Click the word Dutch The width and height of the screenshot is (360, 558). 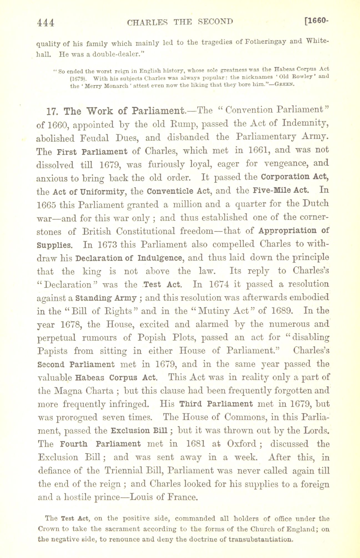click(316, 203)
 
